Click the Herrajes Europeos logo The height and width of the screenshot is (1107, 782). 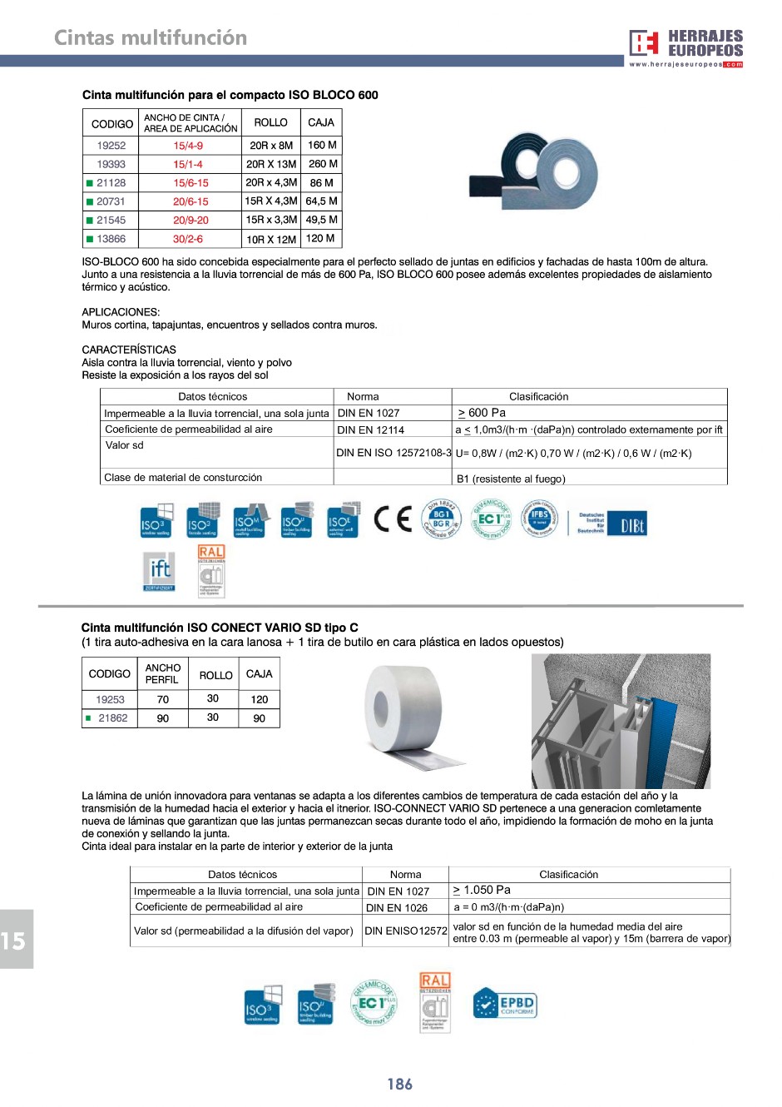click(685, 47)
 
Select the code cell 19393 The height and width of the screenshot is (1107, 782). click(111, 164)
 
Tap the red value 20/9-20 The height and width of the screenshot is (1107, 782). click(191, 221)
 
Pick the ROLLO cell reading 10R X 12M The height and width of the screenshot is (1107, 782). click(271, 239)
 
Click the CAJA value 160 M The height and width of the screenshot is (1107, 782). click(322, 145)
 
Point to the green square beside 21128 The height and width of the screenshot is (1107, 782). click(90, 183)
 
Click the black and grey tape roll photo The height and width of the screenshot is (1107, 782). click(533, 171)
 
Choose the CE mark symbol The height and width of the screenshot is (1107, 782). click(393, 519)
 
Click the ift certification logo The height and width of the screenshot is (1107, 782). click(159, 572)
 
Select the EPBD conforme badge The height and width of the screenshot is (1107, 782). click(505, 1004)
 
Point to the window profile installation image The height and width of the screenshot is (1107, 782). click(621, 721)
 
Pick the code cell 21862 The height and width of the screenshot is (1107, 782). click(113, 718)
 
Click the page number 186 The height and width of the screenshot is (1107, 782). click(399, 1084)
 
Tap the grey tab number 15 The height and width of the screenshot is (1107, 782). click(14, 941)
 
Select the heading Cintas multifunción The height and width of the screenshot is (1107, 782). click(151, 37)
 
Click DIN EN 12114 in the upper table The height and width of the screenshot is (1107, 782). click(370, 430)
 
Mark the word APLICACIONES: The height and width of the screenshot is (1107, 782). click(121, 312)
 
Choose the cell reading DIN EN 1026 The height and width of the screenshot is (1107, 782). click(397, 908)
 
